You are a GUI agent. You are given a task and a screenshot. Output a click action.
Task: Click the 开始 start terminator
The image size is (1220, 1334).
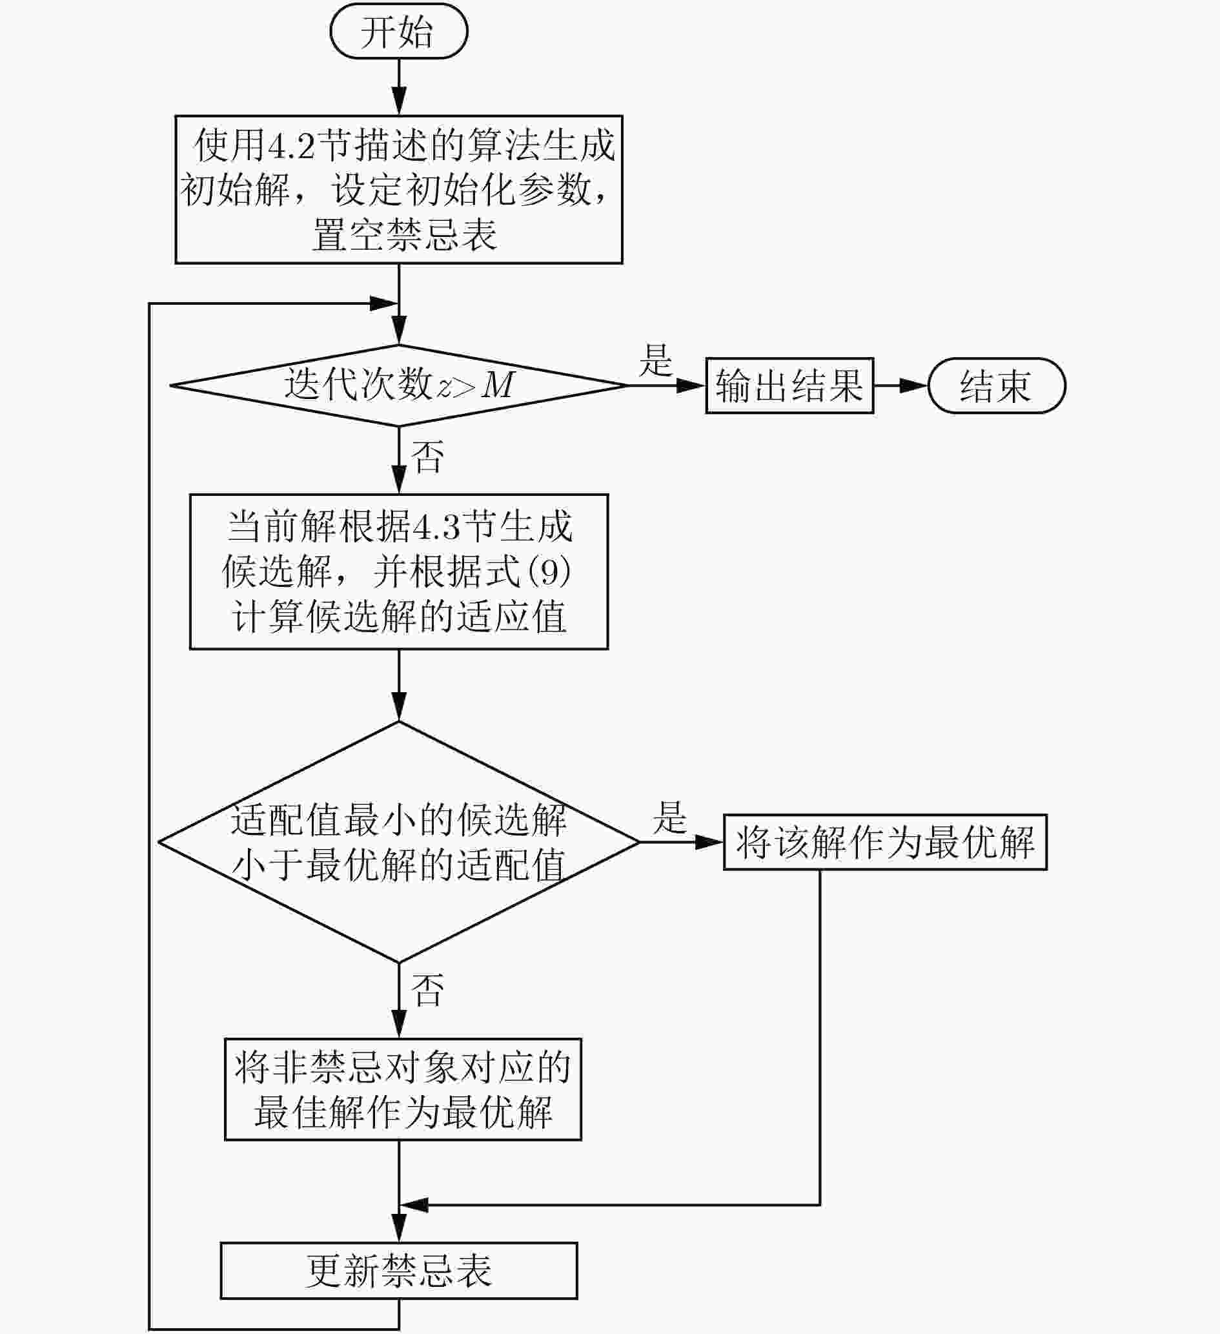tap(399, 31)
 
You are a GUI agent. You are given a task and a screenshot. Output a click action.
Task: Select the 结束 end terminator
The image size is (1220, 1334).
tap(997, 385)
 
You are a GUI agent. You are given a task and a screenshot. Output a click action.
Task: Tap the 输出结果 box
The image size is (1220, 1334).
tap(789, 385)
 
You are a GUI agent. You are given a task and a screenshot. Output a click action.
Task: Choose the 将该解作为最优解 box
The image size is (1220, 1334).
tap(885, 843)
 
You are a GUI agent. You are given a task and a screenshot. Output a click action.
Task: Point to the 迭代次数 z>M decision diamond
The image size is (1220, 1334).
tap(399, 385)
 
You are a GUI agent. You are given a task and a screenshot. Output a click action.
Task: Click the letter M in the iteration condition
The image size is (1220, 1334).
tap(498, 384)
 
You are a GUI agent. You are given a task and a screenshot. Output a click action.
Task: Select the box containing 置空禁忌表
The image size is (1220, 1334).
tap(399, 190)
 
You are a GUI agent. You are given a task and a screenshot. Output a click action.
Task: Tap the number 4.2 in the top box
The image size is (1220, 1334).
tap(290, 145)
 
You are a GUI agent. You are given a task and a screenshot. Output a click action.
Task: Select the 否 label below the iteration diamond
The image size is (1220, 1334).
tap(427, 457)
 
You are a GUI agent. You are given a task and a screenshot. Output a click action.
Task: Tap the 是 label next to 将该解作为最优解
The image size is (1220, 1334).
tap(669, 817)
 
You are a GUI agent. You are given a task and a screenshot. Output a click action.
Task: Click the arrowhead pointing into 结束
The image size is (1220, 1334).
tap(914, 385)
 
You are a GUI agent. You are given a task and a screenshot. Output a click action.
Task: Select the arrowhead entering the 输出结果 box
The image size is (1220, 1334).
tap(691, 385)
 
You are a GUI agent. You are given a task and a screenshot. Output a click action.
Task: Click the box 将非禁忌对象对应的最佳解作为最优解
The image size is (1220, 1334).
tap(403, 1089)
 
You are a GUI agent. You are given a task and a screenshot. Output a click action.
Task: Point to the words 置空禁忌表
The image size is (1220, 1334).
tap(404, 235)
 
